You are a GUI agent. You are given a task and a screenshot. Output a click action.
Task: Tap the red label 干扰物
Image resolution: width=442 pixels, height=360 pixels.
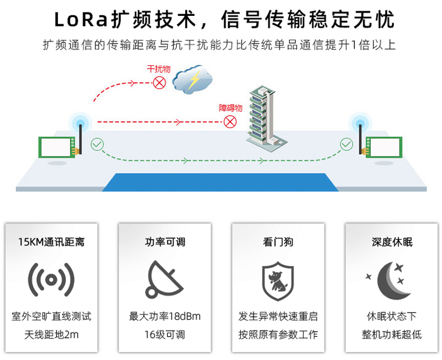pyautogui.click(x=158, y=69)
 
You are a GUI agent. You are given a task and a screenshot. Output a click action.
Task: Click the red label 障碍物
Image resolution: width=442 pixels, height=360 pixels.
pyautogui.click(x=230, y=108)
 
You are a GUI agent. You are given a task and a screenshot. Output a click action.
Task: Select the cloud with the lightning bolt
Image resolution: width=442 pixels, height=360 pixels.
pyautogui.click(x=193, y=81)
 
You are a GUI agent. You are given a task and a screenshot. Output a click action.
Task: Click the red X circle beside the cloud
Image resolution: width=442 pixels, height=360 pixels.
pyautogui.click(x=160, y=83)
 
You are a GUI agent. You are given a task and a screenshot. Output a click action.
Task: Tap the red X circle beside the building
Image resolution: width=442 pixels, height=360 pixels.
pyautogui.click(x=230, y=121)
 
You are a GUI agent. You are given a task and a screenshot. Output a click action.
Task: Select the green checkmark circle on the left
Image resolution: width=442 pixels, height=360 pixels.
pyautogui.click(x=97, y=145)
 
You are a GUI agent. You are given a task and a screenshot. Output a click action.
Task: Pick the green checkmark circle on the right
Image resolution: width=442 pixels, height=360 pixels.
pyautogui.click(x=346, y=145)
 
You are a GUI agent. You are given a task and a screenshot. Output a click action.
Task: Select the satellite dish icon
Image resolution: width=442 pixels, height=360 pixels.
pyautogui.click(x=164, y=279)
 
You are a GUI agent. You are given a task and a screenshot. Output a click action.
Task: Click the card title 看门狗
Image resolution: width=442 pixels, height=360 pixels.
pyautogui.click(x=278, y=242)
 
